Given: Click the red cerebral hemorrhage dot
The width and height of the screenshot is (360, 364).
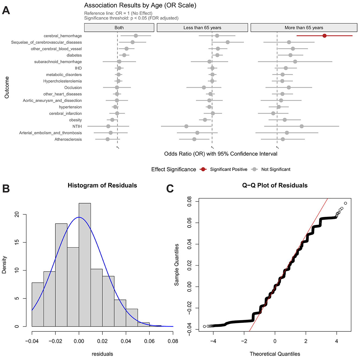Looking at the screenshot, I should (324, 36).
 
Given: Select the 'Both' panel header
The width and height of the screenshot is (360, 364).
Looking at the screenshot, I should (119, 28).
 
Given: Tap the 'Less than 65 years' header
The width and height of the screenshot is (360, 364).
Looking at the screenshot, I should (202, 28).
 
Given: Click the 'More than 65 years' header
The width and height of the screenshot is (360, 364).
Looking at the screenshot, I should (304, 28).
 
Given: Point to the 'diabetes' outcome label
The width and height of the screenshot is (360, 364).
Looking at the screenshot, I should (74, 55).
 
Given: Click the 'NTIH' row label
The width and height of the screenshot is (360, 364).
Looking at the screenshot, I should (77, 126).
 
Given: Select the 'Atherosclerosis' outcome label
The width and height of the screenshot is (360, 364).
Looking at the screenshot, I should (68, 139).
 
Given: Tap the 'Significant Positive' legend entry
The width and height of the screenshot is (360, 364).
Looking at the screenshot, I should (228, 169).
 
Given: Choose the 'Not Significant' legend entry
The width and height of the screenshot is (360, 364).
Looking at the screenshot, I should (276, 169).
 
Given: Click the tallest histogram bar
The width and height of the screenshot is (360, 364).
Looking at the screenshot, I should (85, 265).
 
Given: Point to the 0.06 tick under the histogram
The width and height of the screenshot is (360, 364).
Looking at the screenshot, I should (149, 341).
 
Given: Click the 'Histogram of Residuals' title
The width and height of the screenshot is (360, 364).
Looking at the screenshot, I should (102, 185).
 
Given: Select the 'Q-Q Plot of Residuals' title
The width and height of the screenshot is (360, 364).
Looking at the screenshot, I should (275, 185).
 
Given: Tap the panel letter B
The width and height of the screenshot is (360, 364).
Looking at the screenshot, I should (6, 189).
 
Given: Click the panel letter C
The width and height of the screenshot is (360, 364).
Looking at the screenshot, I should (170, 189).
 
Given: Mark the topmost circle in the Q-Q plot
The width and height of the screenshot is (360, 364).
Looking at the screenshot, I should (345, 203).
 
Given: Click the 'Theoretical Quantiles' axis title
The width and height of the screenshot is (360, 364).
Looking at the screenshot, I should (275, 354).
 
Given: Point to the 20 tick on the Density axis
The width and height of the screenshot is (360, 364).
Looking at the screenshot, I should (17, 215).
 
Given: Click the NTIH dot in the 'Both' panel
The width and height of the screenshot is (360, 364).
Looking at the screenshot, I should (108, 126).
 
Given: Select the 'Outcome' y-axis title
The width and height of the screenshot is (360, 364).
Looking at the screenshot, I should (7, 87).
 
